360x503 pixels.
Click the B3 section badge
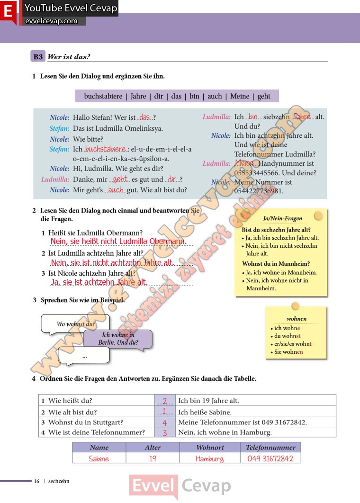point(38,57)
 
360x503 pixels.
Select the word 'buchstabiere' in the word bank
point(103,96)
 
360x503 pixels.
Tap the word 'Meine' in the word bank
point(240,96)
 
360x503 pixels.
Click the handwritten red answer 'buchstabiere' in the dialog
point(105,149)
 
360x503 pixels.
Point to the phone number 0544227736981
point(259,191)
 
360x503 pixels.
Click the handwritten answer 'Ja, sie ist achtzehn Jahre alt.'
point(99,282)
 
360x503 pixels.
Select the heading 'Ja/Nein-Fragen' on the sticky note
point(282,218)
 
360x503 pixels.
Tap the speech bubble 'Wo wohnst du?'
point(76,324)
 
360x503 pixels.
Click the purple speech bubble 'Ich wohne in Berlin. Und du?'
point(118,339)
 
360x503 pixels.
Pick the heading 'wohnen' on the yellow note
point(297,319)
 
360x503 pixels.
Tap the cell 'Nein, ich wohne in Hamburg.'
point(225,432)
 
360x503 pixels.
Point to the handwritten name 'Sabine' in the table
point(99,458)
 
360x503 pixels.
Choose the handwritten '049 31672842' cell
point(270,458)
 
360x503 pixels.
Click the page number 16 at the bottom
point(36,481)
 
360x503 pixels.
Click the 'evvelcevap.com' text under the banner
point(51,21)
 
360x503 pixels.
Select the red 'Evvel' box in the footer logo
point(153,486)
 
